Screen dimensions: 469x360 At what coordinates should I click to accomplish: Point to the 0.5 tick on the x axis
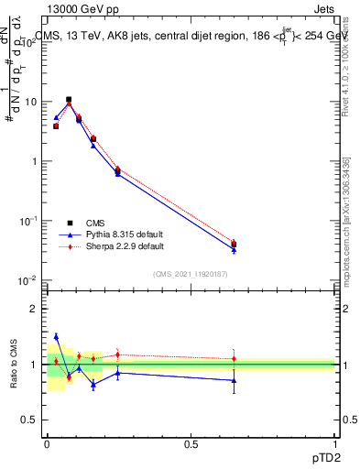[191, 442]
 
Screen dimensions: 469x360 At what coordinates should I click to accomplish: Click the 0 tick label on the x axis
[47, 442]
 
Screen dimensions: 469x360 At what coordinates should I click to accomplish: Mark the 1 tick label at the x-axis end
[334, 442]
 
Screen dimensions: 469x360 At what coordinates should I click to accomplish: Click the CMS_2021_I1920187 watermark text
[190, 273]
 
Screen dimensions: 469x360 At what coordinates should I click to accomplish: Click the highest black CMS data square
[68, 99]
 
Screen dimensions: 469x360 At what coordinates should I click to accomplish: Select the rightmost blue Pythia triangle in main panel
[234, 249]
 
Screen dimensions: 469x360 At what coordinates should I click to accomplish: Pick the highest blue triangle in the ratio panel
[56, 336]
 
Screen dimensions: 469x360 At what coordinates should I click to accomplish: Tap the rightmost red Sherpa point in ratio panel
[234, 358]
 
